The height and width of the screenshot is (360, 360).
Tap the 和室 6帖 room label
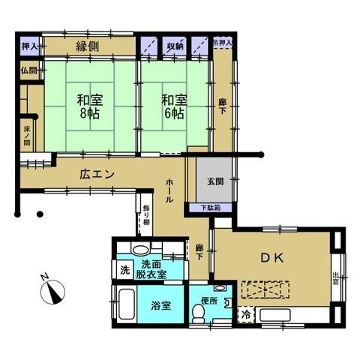point(172,106)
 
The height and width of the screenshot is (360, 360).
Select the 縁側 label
point(89,46)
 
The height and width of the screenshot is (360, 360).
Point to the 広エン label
point(97,174)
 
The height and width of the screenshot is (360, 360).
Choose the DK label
point(271,258)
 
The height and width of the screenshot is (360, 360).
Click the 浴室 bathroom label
point(160,306)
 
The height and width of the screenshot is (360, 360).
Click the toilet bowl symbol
point(198,317)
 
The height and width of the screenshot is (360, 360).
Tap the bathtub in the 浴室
point(126,307)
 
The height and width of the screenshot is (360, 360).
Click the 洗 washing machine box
point(121,270)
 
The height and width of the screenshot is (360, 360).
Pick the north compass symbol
point(51,290)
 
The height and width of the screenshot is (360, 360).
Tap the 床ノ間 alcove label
point(26,136)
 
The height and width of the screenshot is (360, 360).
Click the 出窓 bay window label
point(335,280)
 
